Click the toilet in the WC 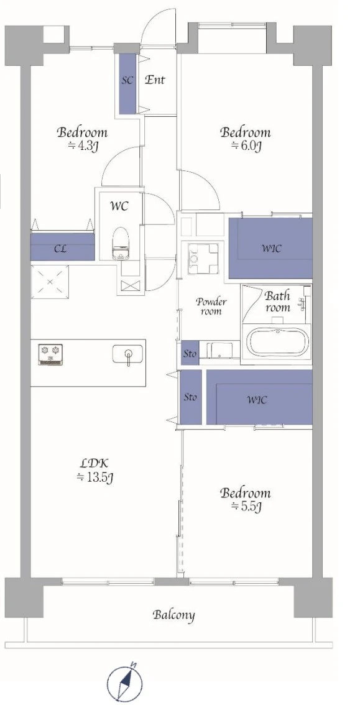click(119, 244)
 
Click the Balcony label click(173, 615)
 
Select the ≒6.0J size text click(246, 145)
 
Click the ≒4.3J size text click(83, 145)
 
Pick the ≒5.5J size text click(246, 506)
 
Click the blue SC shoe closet click(127, 84)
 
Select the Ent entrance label click(155, 80)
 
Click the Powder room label click(210, 306)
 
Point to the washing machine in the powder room click(203, 257)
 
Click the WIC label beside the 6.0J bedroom click(272, 247)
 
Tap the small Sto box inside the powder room click(190, 354)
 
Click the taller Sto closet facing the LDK click(190, 397)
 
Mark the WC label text click(119, 206)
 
